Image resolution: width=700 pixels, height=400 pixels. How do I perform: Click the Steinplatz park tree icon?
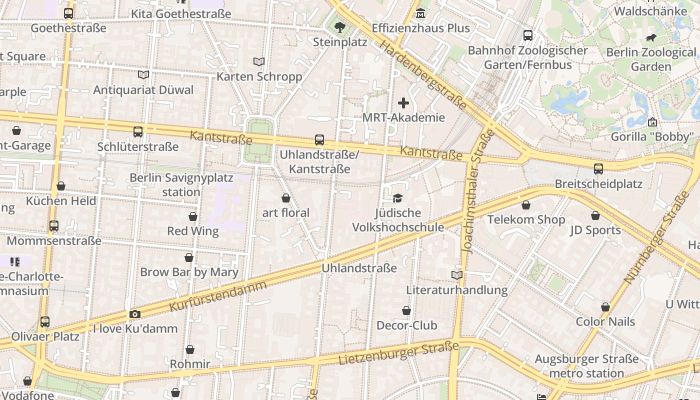tap(340, 27)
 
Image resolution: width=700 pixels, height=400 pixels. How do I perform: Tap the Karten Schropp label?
tap(259, 76)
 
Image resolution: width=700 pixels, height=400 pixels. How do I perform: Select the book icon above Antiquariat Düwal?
tap(143, 75)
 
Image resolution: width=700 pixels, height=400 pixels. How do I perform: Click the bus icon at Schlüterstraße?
tap(138, 132)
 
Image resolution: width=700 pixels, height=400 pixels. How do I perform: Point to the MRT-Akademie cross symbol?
tap(403, 103)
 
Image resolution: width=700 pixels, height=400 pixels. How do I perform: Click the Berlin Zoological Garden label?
tap(650, 59)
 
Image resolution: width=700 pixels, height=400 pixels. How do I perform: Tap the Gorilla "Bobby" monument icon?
tap(652, 122)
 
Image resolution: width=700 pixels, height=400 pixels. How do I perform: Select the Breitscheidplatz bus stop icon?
tap(598, 169)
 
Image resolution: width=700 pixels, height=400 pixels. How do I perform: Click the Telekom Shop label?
tap(526, 219)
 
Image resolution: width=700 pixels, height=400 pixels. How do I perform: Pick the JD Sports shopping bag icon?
tap(595, 215)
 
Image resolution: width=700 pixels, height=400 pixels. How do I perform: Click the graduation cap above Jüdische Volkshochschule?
tap(397, 198)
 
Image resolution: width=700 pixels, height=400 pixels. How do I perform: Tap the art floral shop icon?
tap(286, 198)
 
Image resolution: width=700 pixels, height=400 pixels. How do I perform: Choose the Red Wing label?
tap(193, 231)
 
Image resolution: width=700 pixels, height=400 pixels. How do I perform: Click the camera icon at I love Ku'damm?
tap(134, 314)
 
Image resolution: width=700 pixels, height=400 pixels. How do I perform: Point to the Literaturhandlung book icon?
tap(456, 275)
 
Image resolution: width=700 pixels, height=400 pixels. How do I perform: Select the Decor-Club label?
tap(406, 325)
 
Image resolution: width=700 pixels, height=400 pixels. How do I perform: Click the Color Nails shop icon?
tap(605, 307)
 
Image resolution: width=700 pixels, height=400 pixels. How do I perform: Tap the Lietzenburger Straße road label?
tap(398, 353)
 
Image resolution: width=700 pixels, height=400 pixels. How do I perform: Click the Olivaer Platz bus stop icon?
tap(45, 322)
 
